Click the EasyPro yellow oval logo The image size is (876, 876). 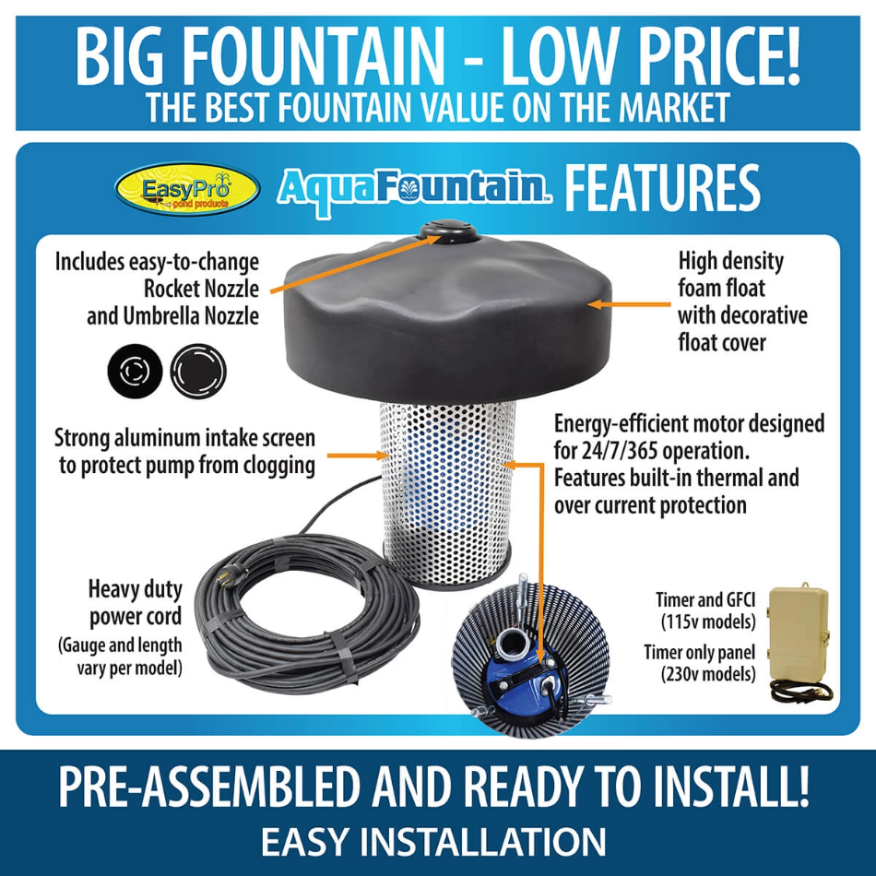pyautogui.click(x=187, y=189)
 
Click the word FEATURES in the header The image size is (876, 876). pyautogui.click(x=662, y=188)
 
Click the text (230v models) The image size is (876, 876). pyautogui.click(x=706, y=674)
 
